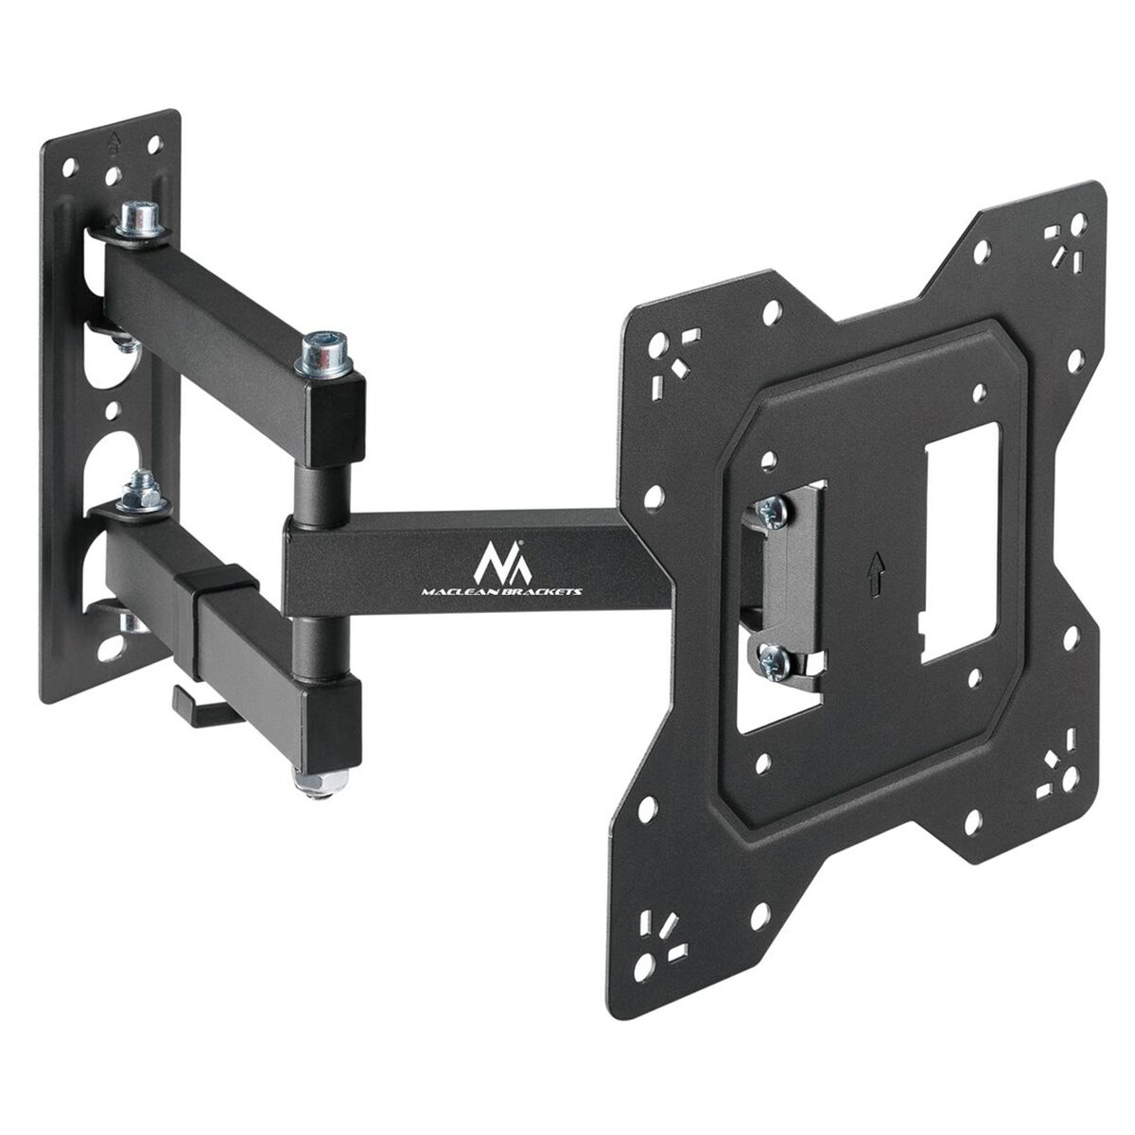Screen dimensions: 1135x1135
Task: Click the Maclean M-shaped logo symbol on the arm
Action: pos(502,560)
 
